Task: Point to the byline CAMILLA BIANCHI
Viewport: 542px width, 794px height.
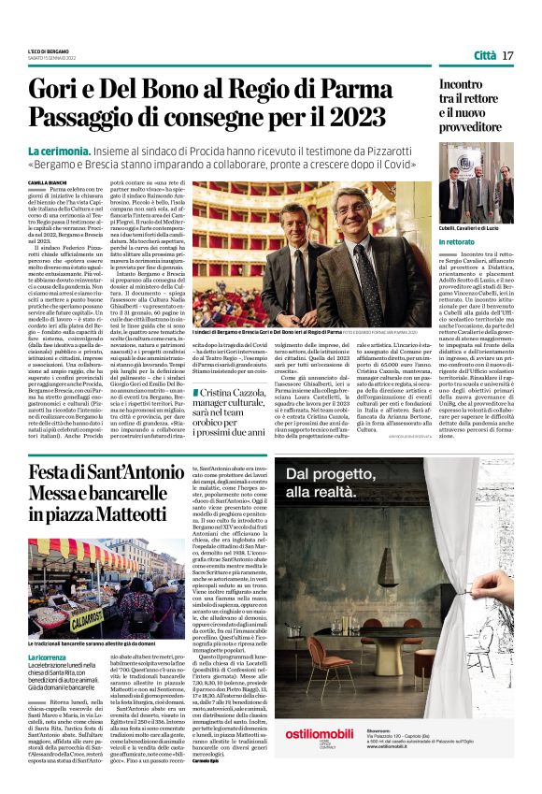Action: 50,182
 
